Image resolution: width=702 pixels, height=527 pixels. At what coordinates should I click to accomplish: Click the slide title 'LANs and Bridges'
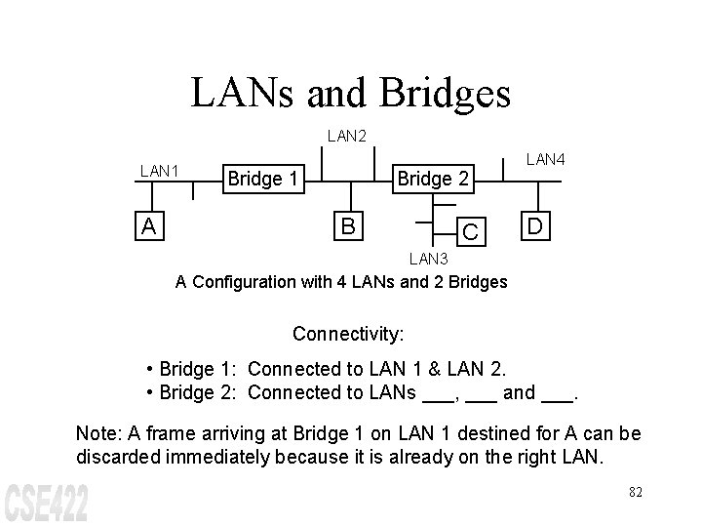[x=350, y=93]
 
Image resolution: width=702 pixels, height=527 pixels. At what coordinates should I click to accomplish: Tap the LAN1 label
[x=160, y=171]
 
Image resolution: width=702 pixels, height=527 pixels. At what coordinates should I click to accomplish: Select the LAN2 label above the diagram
[x=347, y=137]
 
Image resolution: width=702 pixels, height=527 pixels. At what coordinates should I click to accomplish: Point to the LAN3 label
[x=428, y=259]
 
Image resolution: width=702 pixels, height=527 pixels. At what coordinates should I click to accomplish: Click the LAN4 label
[x=546, y=158]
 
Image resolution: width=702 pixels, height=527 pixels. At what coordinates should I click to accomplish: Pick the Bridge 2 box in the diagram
[x=433, y=179]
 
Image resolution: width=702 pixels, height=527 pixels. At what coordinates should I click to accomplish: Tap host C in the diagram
[x=470, y=232]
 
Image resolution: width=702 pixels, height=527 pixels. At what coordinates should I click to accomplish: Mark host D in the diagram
[x=535, y=226]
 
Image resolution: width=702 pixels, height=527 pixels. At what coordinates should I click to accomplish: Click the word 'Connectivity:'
[x=348, y=334]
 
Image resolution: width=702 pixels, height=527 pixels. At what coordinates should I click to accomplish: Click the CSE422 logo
[x=47, y=501]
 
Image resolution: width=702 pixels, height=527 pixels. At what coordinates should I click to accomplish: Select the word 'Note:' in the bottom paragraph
[x=97, y=432]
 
